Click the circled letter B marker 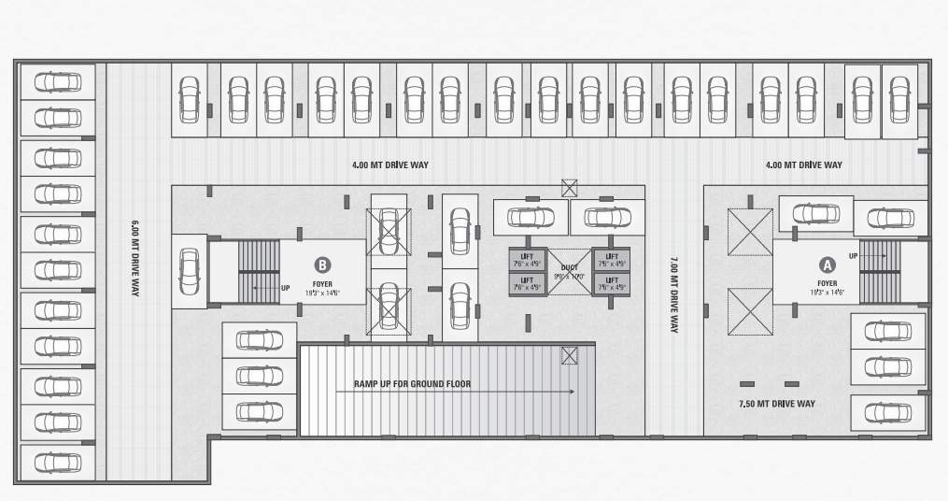click(x=323, y=265)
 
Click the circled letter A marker click(x=827, y=265)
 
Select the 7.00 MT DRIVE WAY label click(x=673, y=294)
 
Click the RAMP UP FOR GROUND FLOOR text click(x=412, y=384)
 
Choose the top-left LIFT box click(x=527, y=259)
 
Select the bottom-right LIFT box click(x=612, y=283)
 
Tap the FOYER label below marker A click(x=827, y=282)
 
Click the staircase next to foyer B click(x=260, y=271)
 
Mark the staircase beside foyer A click(x=873, y=271)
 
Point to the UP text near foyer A click(x=854, y=255)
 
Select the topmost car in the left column click(x=57, y=82)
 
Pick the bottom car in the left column click(x=57, y=461)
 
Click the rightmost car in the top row click(x=898, y=98)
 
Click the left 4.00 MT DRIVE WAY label click(x=390, y=165)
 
